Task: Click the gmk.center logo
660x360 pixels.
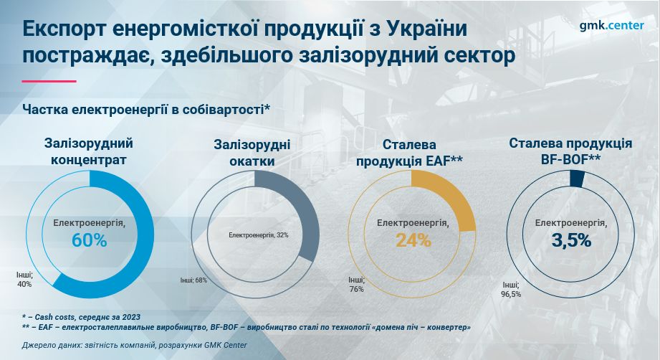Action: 611,26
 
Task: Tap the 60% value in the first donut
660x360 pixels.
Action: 90,240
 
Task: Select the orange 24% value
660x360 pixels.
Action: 413,240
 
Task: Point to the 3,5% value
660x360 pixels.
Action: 571,240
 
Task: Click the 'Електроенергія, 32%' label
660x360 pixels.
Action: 259,235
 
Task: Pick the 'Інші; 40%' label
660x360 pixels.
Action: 24,280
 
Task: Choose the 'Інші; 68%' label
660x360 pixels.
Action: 193,280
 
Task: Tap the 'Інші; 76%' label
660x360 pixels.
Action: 356,284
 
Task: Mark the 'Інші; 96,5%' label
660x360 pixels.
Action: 511,290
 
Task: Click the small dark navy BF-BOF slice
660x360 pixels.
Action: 577,179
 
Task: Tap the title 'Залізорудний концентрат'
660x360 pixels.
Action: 89,151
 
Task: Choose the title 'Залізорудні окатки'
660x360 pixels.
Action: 252,153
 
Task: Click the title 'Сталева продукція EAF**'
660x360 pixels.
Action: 409,153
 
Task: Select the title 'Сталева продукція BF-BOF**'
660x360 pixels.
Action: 570,151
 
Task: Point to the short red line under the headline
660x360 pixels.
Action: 49,81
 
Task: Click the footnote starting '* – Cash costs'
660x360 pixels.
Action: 81,317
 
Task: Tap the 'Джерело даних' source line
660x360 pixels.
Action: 134,345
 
